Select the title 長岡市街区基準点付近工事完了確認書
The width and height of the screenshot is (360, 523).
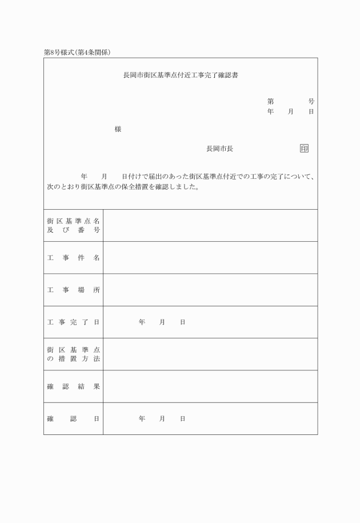(x=181, y=75)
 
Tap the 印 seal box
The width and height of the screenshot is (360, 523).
(x=304, y=149)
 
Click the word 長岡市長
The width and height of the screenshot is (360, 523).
(x=219, y=149)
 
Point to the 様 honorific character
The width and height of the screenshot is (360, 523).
(x=118, y=129)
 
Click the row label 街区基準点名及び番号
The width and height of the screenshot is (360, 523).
(x=73, y=225)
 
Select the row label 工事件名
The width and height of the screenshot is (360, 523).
(x=73, y=258)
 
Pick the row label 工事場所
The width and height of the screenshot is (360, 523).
(x=73, y=290)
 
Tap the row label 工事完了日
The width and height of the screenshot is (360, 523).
(x=73, y=322)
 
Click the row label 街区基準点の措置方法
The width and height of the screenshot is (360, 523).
(x=73, y=354)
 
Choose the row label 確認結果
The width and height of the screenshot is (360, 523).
(x=73, y=386)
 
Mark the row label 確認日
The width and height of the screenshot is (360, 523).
(x=73, y=418)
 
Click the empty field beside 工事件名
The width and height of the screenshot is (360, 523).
(x=210, y=258)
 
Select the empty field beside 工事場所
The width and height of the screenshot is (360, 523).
(x=210, y=290)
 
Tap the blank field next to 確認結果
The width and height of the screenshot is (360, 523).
(x=210, y=386)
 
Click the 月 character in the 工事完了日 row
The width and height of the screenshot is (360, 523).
(x=162, y=322)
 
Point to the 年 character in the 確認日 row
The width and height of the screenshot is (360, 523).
(x=142, y=418)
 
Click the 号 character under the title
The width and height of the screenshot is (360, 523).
(x=311, y=101)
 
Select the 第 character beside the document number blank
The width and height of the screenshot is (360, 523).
(x=271, y=101)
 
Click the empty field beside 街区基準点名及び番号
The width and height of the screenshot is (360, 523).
(x=210, y=225)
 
